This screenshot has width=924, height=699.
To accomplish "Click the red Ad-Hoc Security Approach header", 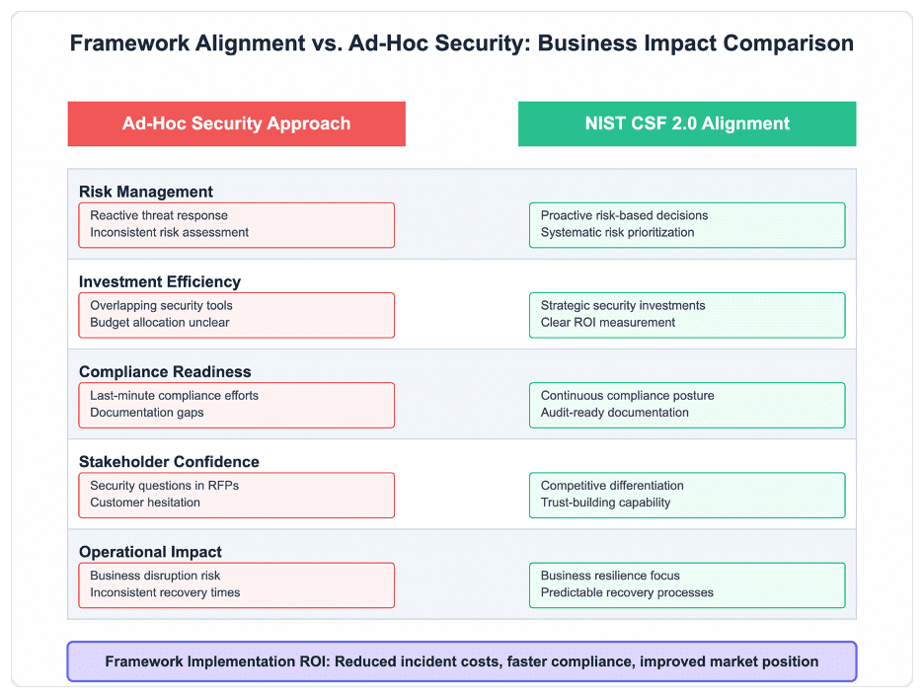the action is pyautogui.click(x=236, y=123).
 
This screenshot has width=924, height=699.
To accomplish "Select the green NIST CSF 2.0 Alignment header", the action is pyautogui.click(x=687, y=123).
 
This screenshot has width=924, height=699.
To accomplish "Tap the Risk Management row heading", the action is pyautogui.click(x=145, y=192).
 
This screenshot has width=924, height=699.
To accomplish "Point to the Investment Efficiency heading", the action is pyautogui.click(x=160, y=281).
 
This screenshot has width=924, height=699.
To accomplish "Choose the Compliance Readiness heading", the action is pyautogui.click(x=165, y=372).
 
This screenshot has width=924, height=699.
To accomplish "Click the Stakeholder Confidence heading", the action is pyautogui.click(x=169, y=462).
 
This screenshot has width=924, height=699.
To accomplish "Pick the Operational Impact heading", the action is pyautogui.click(x=150, y=552).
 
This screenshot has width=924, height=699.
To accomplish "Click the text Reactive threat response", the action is pyautogui.click(x=159, y=215).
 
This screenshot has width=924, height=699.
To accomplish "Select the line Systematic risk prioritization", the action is pyautogui.click(x=618, y=233).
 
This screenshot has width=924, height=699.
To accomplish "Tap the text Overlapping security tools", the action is pyautogui.click(x=161, y=306).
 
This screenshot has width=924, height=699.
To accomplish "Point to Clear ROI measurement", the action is pyautogui.click(x=608, y=323).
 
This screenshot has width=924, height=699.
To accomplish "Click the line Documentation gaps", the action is pyautogui.click(x=147, y=413).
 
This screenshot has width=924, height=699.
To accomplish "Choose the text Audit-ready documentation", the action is pyautogui.click(x=615, y=413).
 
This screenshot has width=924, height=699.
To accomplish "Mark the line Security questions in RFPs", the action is pyautogui.click(x=165, y=486).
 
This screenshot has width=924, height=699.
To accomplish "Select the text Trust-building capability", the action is pyautogui.click(x=606, y=503).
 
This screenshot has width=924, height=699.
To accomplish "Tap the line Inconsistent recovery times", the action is pyautogui.click(x=165, y=592).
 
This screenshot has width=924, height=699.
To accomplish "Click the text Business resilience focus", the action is pyautogui.click(x=610, y=576).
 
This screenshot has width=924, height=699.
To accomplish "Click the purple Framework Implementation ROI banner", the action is pyautogui.click(x=462, y=661).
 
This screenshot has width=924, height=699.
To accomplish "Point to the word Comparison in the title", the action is pyautogui.click(x=789, y=43).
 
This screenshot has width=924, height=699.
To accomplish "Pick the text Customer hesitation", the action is pyautogui.click(x=145, y=503).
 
